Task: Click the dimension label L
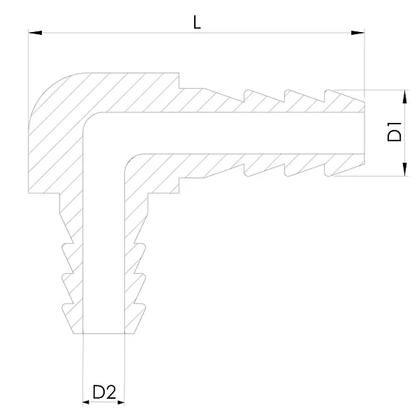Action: (x=197, y=22)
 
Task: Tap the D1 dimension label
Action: (x=395, y=131)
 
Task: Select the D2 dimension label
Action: (x=104, y=392)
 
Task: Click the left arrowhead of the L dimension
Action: (x=35, y=33)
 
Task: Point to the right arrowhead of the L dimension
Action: (x=358, y=33)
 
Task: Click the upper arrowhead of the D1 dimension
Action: (x=405, y=96)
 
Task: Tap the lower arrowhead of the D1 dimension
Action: (x=405, y=169)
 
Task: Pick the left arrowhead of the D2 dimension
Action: (x=86, y=402)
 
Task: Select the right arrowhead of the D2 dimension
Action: (x=122, y=402)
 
